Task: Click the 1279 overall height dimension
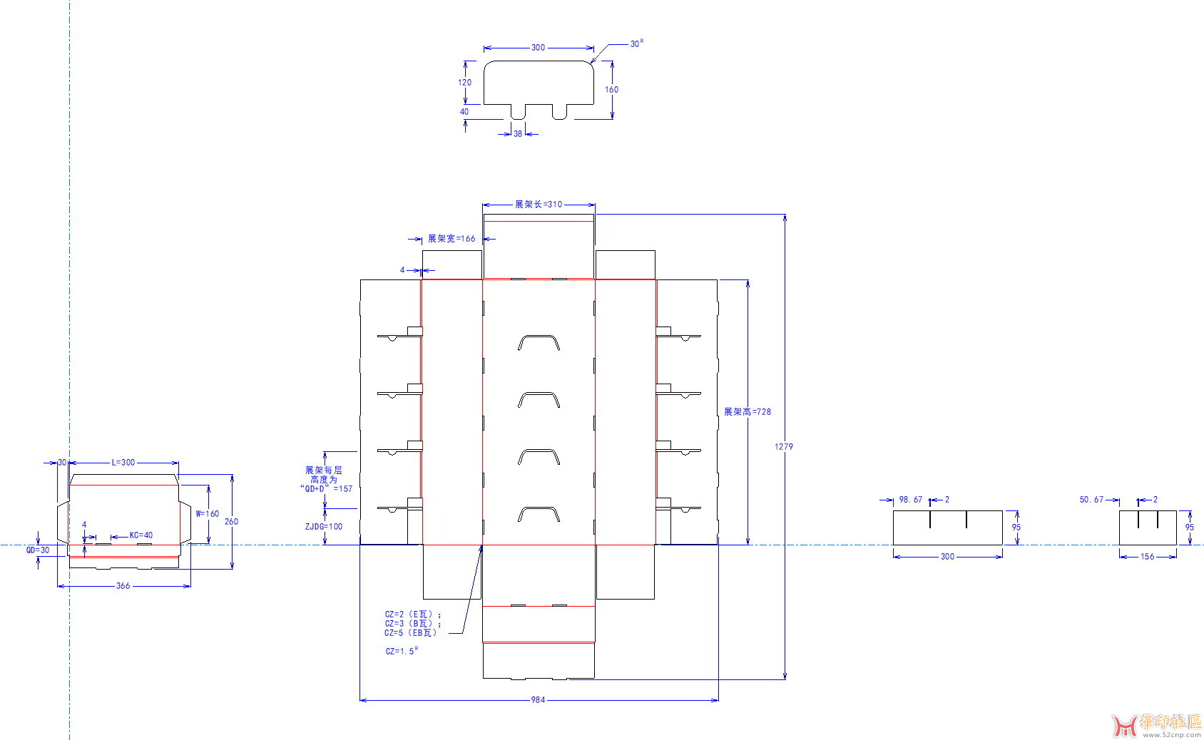tap(784, 446)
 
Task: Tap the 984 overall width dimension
tap(538, 699)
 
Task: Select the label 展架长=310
tap(539, 204)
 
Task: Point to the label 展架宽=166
tap(451, 239)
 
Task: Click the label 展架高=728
tap(747, 411)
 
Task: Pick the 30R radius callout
tap(637, 43)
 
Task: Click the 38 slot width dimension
tap(518, 133)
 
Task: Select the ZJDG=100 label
tap(324, 527)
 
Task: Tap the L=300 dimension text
tap(123, 462)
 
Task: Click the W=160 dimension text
tap(208, 514)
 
